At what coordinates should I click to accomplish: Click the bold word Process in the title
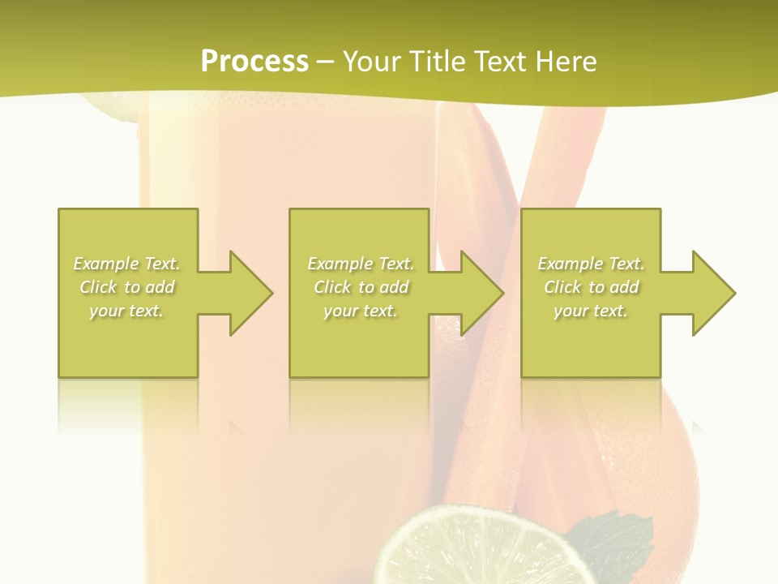point(254,61)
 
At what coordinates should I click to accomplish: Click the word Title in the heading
point(438,61)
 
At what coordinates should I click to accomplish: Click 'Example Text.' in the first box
point(127,264)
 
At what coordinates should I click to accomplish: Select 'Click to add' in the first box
point(127,287)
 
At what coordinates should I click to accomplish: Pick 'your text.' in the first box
point(127,311)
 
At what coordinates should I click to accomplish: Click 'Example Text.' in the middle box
point(361,264)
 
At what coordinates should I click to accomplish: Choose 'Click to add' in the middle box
point(361,287)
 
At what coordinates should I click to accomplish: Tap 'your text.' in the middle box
point(361,311)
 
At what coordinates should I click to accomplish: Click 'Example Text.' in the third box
point(591,264)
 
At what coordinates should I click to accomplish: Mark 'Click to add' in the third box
point(591,287)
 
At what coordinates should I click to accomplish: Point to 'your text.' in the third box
point(591,311)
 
